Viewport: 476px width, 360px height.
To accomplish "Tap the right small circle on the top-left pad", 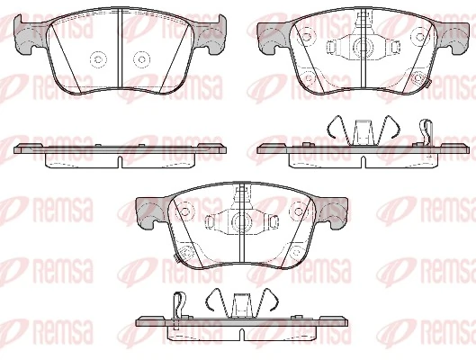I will point(140,58).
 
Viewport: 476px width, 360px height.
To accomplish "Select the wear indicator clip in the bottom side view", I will point(179,307).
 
